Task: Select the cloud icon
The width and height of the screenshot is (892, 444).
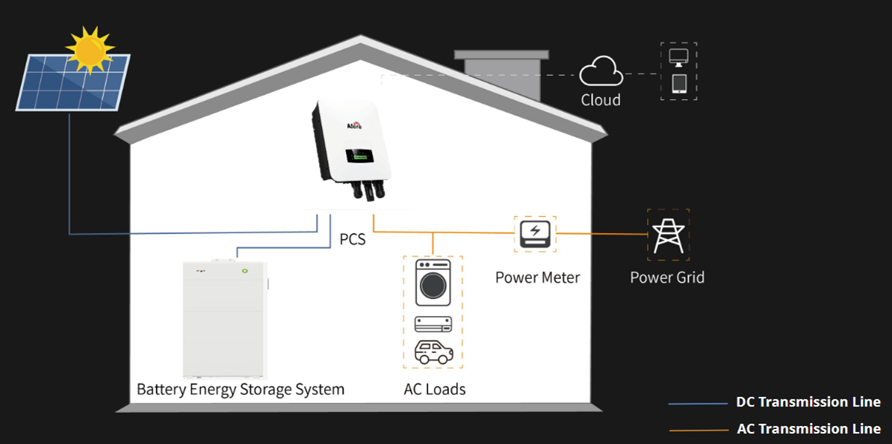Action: coord(601,73)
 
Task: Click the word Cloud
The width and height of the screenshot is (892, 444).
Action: coord(601,100)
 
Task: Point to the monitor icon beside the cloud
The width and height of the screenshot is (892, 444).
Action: coord(679,58)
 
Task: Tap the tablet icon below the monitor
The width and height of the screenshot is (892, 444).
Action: coord(679,83)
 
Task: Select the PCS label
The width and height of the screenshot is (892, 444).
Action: coord(353,240)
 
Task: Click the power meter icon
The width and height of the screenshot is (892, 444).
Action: coord(536,233)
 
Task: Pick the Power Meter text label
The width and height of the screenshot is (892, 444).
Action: coord(537,277)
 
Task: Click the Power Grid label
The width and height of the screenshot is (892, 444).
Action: coord(667,277)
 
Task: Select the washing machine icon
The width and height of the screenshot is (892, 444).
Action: coord(433,284)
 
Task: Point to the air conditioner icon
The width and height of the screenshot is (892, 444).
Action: coord(433,324)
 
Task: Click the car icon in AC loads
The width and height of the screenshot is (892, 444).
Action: coord(433,352)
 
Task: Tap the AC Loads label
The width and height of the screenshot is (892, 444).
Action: coord(434,389)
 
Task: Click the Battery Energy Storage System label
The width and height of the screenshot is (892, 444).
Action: coord(241,389)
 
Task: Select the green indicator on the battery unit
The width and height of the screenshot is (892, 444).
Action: coord(244,271)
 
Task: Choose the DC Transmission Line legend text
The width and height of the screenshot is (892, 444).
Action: coord(808,402)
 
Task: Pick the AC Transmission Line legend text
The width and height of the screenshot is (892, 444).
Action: coord(808,429)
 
